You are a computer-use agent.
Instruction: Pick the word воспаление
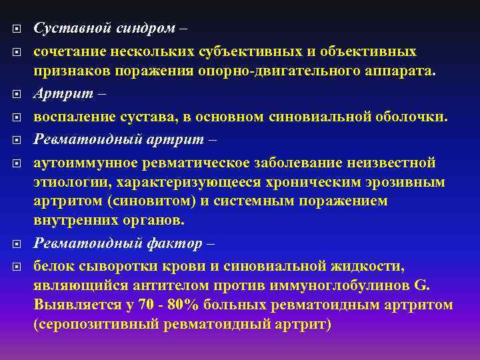tap(75, 117)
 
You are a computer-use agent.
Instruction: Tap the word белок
tap(52, 266)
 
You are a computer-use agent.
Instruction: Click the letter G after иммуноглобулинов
tap(421, 286)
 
